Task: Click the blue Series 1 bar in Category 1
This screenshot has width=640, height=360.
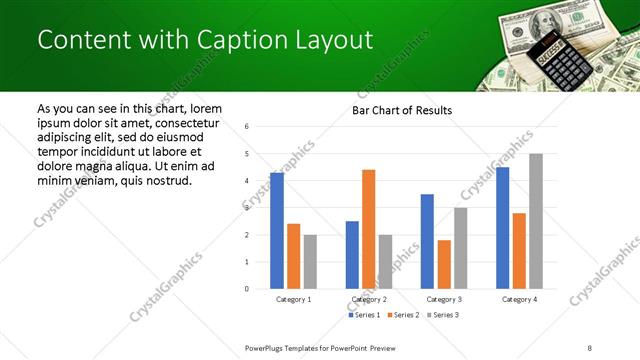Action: click(277, 231)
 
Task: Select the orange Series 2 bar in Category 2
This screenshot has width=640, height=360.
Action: click(368, 229)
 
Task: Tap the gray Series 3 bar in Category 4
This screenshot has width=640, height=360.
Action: click(536, 221)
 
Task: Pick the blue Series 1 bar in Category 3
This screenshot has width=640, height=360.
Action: click(427, 241)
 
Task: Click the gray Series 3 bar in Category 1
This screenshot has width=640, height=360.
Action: click(310, 262)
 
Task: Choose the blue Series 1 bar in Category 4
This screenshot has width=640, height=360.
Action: click(502, 228)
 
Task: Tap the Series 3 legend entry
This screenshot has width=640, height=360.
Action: click(442, 316)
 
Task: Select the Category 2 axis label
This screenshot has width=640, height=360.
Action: click(368, 299)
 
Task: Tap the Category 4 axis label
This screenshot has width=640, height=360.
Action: click(519, 299)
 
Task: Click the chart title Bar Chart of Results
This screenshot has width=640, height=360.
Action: click(401, 110)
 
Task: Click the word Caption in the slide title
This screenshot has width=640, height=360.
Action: click(238, 40)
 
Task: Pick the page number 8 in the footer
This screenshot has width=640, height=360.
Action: click(590, 347)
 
